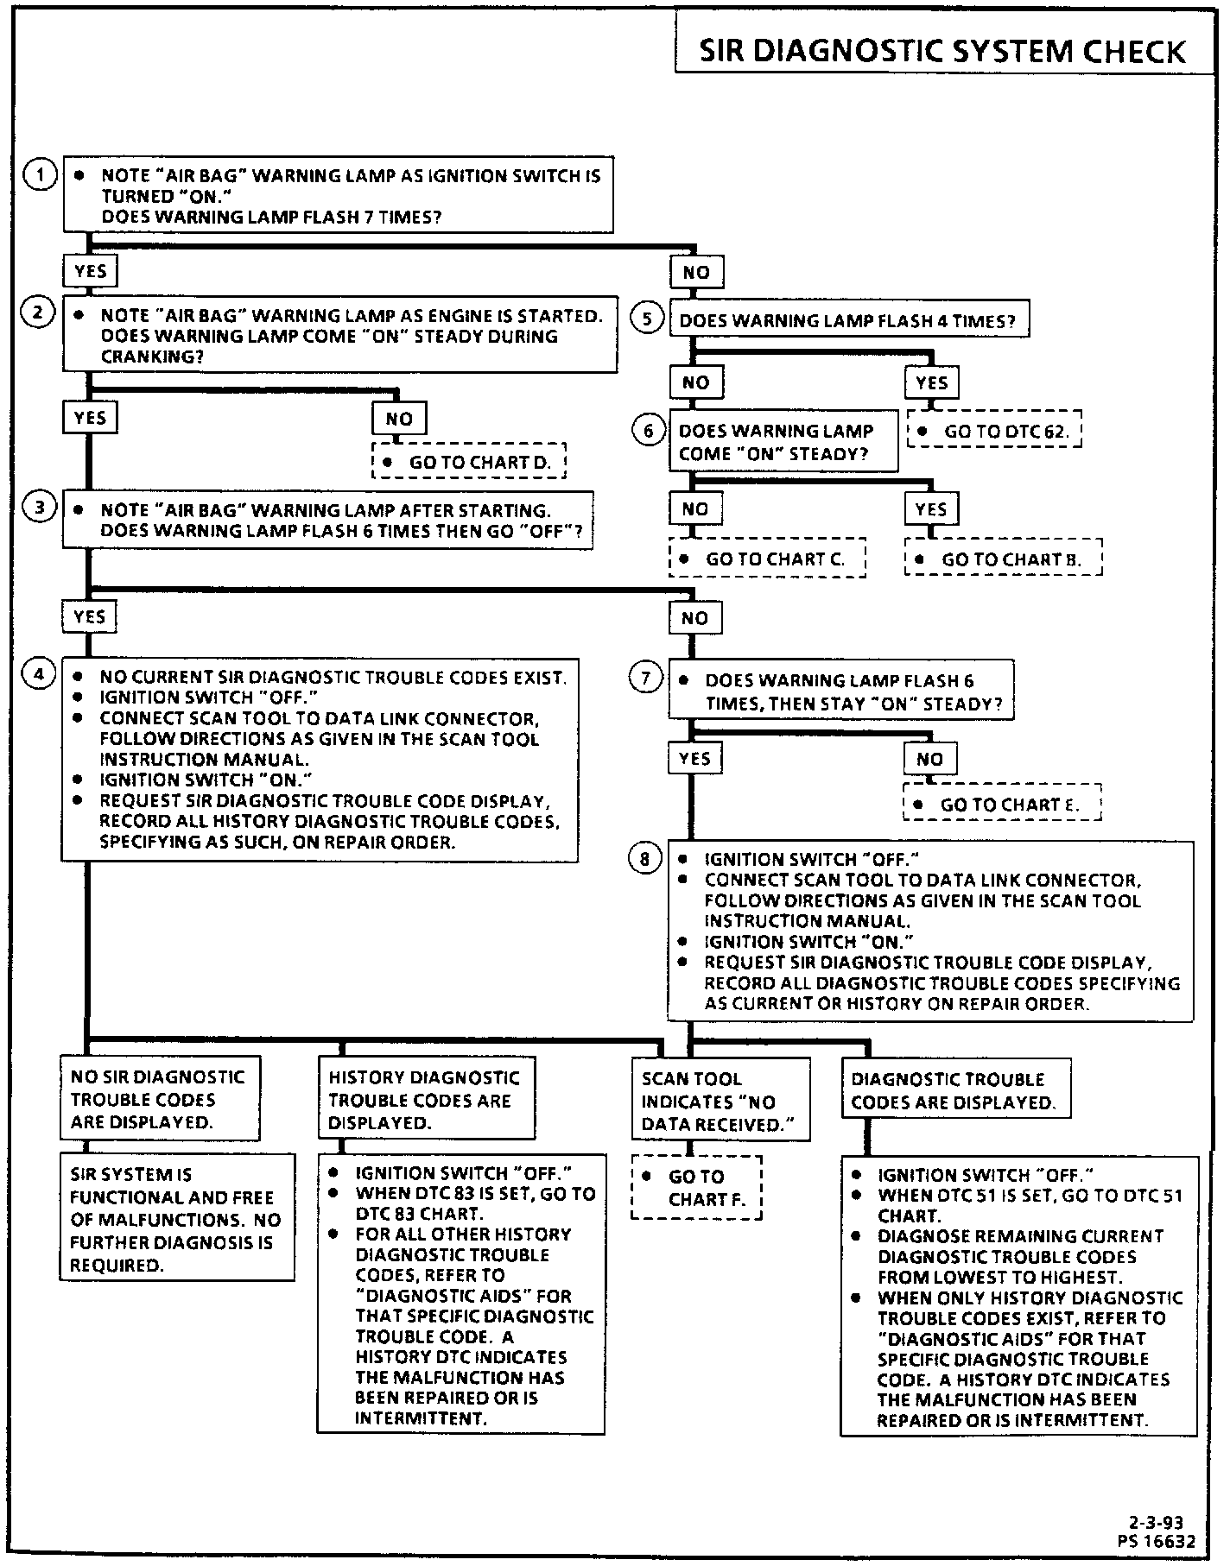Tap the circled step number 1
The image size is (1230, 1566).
point(39,174)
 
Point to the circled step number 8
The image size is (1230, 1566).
point(645,859)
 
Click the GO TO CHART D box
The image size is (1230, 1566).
point(469,462)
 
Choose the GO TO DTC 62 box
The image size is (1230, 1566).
point(995,431)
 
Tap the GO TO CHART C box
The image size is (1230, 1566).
point(767,559)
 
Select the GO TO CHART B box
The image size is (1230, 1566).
point(1004,559)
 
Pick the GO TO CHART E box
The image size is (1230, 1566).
point(1003,804)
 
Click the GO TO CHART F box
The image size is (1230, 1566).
point(697,1187)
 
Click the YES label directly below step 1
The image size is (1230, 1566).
point(90,271)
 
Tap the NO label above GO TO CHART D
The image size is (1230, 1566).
point(399,419)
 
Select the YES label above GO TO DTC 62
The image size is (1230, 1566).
point(931,382)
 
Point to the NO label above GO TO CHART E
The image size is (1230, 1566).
point(929,759)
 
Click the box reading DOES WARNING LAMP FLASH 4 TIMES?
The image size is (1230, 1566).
point(848,320)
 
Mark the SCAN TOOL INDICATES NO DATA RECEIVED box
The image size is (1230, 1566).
point(720,1101)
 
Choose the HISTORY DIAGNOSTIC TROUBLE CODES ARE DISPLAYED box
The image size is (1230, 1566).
point(426,1099)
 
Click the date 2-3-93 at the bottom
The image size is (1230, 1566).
point(1156,1523)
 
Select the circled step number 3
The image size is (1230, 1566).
point(39,508)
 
